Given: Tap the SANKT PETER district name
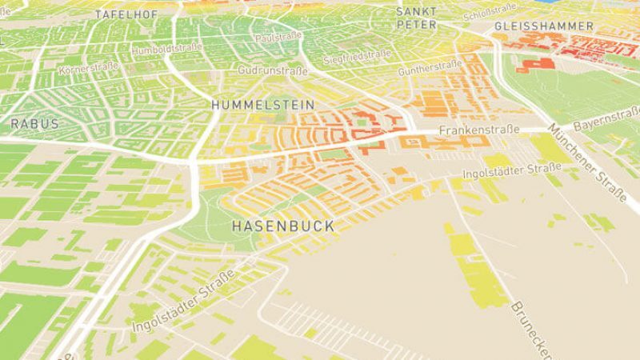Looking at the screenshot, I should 417,18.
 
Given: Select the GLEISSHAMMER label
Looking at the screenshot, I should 544,26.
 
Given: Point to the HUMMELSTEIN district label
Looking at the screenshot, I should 252,105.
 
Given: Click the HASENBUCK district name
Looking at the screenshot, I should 282,227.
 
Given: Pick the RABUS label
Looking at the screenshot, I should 34,124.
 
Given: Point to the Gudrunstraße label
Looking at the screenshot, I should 273,71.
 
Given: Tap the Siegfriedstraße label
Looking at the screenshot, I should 357,57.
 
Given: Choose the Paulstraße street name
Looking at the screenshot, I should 275,38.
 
